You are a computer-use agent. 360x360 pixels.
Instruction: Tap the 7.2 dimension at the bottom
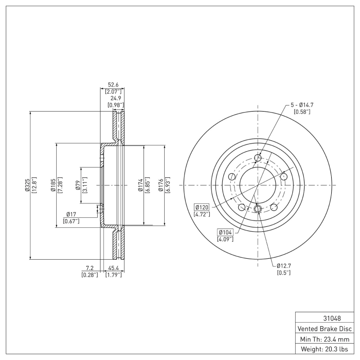click(90, 268)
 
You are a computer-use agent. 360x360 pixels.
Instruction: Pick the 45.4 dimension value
click(113, 268)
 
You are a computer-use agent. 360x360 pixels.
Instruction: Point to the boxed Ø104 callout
click(225, 232)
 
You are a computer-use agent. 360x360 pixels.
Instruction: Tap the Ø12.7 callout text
click(284, 265)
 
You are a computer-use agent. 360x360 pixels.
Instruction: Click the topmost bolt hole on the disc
click(258, 157)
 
